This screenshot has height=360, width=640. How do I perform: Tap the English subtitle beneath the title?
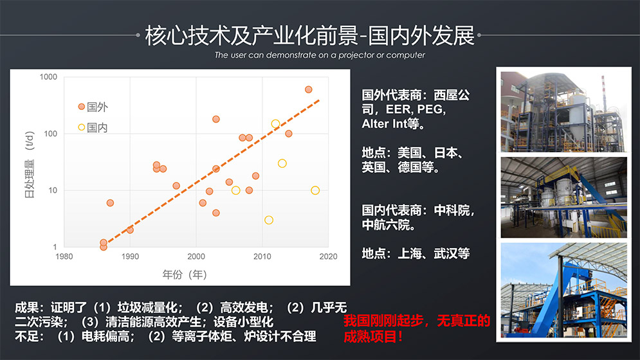pyautogui.click(x=320, y=55)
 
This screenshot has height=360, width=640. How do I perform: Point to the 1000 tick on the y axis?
pyautogui.click(x=48, y=77)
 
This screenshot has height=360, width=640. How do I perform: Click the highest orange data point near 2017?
pyautogui.click(x=308, y=89)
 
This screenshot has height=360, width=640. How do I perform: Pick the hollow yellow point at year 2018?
pyautogui.click(x=315, y=190)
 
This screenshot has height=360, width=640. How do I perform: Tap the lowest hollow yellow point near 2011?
pyautogui.click(x=269, y=220)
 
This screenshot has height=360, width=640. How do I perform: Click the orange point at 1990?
pyautogui.click(x=130, y=230)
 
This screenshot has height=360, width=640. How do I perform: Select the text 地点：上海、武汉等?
pyautogui.click(x=416, y=253)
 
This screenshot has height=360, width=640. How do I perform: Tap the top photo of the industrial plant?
pyautogui.click(x=563, y=109)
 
